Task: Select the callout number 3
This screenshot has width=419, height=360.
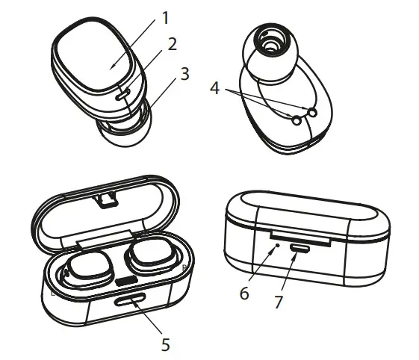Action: click(184, 75)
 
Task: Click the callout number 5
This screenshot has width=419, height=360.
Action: click(166, 344)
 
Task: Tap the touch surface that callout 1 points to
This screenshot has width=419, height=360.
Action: click(95, 64)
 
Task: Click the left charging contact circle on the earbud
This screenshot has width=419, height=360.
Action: click(297, 120)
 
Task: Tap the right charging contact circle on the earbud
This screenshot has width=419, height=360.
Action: click(312, 112)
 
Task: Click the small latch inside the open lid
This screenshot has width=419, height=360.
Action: click(108, 198)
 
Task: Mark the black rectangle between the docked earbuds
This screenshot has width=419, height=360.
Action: click(125, 281)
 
